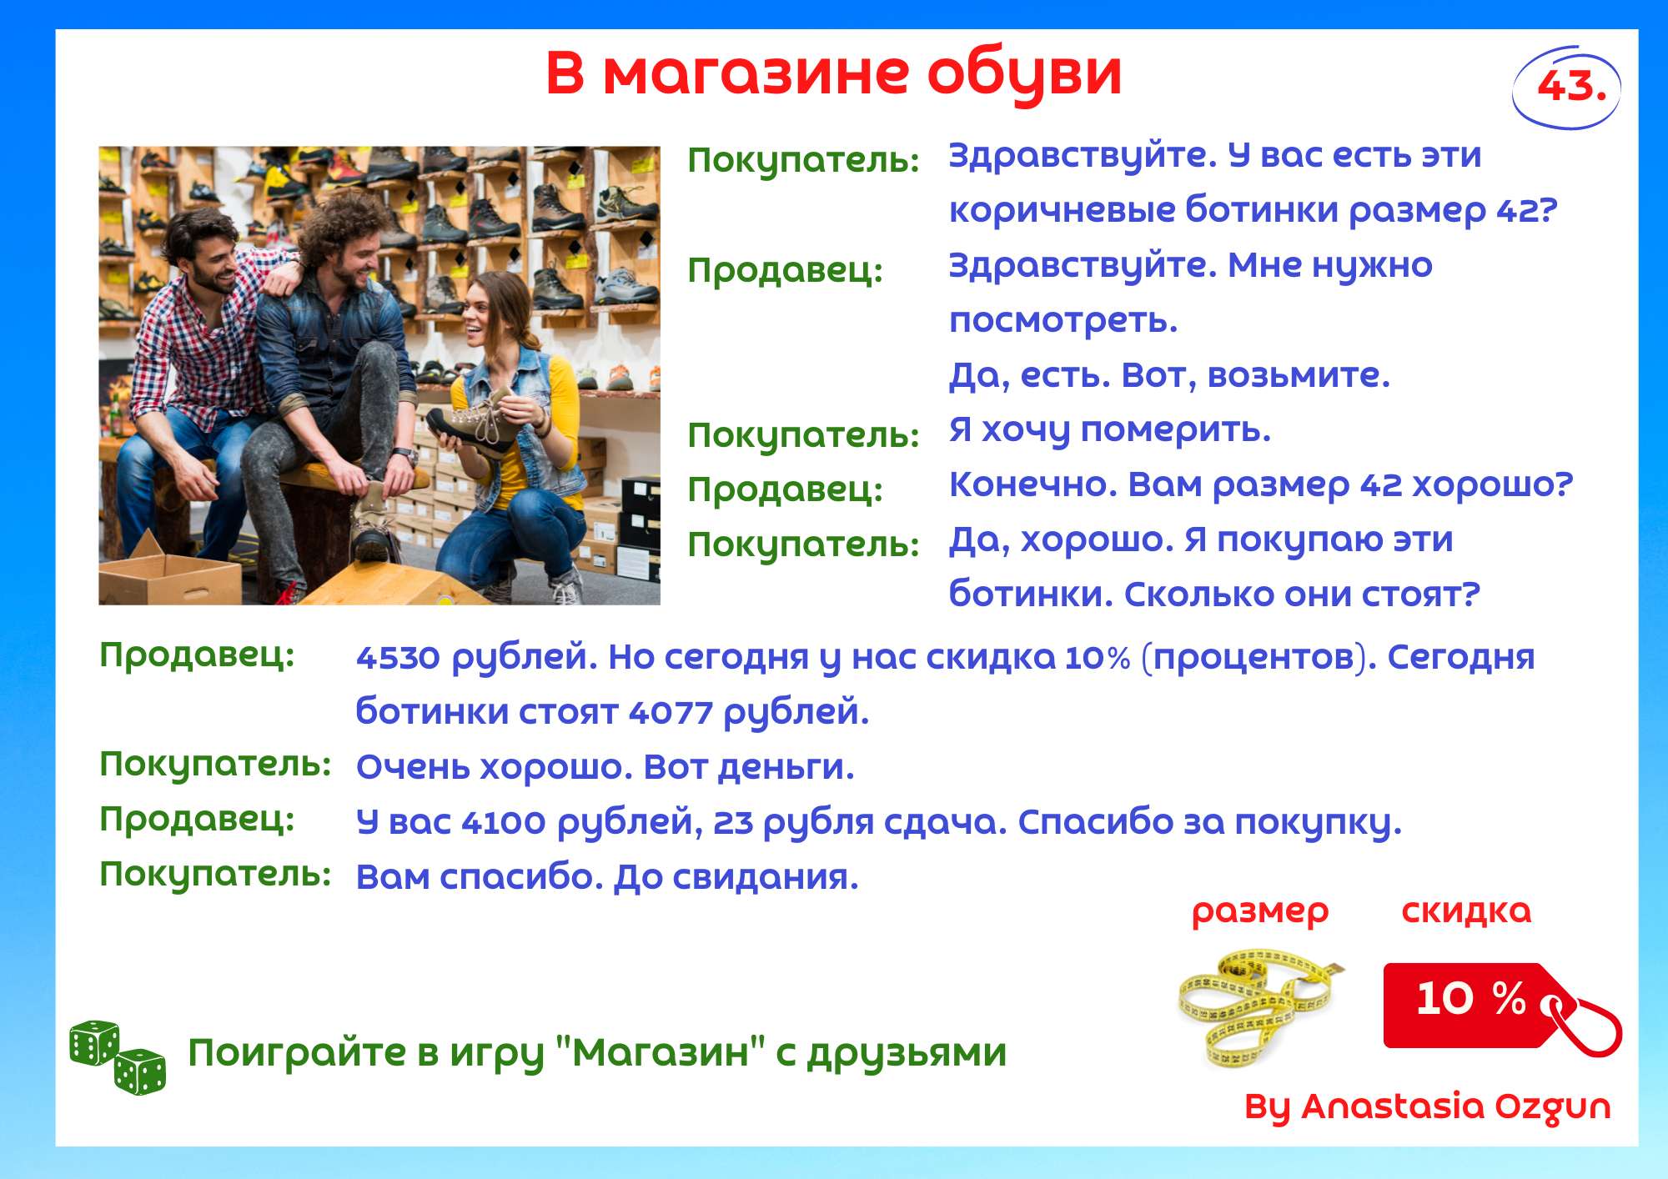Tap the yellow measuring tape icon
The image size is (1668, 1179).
[x=1259, y=1006]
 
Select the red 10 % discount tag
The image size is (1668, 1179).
[x=1493, y=1006]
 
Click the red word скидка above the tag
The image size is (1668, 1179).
[x=1467, y=911]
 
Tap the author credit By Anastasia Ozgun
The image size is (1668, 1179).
[x=1428, y=1107]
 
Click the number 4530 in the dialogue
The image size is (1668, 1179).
[x=398, y=658]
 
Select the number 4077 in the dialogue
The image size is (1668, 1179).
[x=671, y=713]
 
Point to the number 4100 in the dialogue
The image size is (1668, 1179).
[x=504, y=823]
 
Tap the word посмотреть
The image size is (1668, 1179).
[x=1063, y=320]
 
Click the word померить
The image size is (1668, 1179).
[x=1175, y=431]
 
